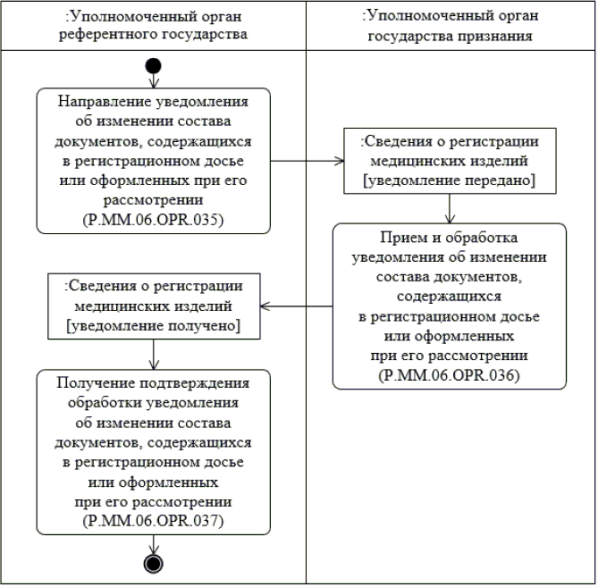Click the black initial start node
(x=154, y=65)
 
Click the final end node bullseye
(x=154, y=562)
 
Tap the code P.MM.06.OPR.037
(x=154, y=519)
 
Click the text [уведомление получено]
(x=154, y=326)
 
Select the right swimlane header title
(x=450, y=25)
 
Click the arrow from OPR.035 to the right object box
(x=308, y=163)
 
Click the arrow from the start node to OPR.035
(x=154, y=80)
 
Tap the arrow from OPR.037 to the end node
(x=154, y=543)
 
